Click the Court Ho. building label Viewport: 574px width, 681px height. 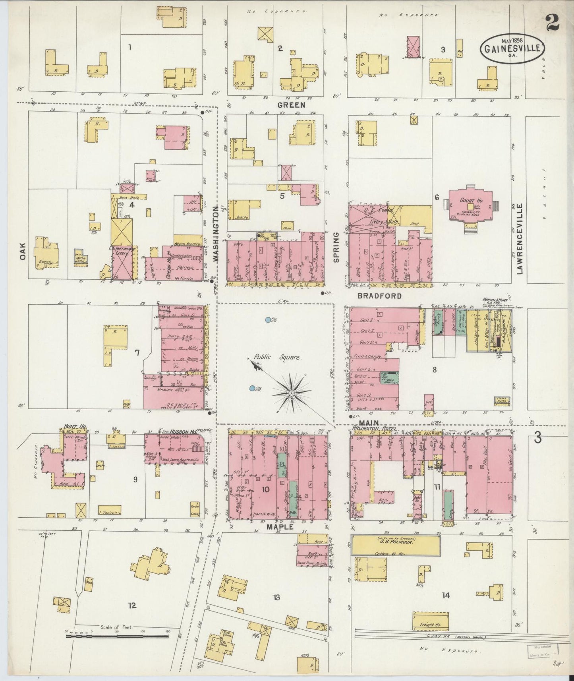pyautogui.click(x=468, y=201)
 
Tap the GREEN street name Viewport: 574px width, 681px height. pyautogui.click(x=291, y=105)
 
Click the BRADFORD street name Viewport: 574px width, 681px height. pyautogui.click(x=379, y=296)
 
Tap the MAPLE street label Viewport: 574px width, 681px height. pyautogui.click(x=280, y=527)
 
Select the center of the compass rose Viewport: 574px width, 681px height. pyautogui.click(x=292, y=393)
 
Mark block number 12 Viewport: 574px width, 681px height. pyautogui.click(x=132, y=606)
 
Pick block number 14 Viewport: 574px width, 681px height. pyautogui.click(x=445, y=595)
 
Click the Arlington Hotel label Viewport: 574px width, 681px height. pyautogui.click(x=371, y=429)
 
